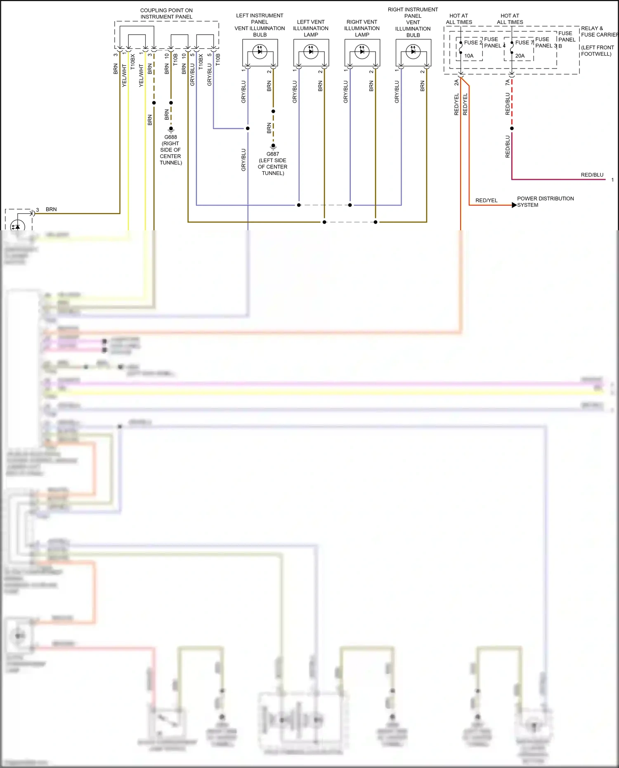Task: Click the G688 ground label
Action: click(x=170, y=137)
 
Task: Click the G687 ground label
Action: click(x=272, y=154)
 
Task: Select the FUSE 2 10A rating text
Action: click(x=469, y=56)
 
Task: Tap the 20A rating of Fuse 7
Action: click(x=520, y=56)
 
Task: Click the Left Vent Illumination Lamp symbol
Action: click(x=311, y=52)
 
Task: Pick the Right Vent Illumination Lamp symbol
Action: click(x=362, y=52)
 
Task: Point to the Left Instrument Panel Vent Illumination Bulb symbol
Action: click(x=260, y=52)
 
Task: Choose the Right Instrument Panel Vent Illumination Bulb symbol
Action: click(x=413, y=52)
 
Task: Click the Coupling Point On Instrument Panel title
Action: click(x=166, y=14)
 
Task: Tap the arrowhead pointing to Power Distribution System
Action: click(x=514, y=205)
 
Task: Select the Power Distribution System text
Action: click(x=545, y=202)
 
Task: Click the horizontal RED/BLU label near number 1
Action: click(x=592, y=175)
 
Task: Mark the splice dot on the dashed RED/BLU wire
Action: click(x=512, y=128)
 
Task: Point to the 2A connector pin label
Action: click(x=456, y=83)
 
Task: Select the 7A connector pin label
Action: click(x=508, y=83)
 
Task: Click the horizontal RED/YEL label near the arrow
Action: click(x=486, y=201)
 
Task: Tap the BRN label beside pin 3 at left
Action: click(x=51, y=210)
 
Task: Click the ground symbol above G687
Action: click(x=273, y=146)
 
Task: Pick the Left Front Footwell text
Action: click(x=597, y=51)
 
